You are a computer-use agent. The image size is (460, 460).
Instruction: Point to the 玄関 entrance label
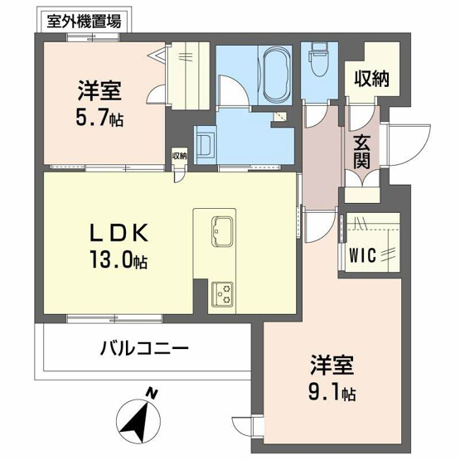[x=361, y=152]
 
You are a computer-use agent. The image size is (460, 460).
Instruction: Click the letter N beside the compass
[x=150, y=392]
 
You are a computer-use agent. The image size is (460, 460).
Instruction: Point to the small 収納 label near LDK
[x=180, y=155]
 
